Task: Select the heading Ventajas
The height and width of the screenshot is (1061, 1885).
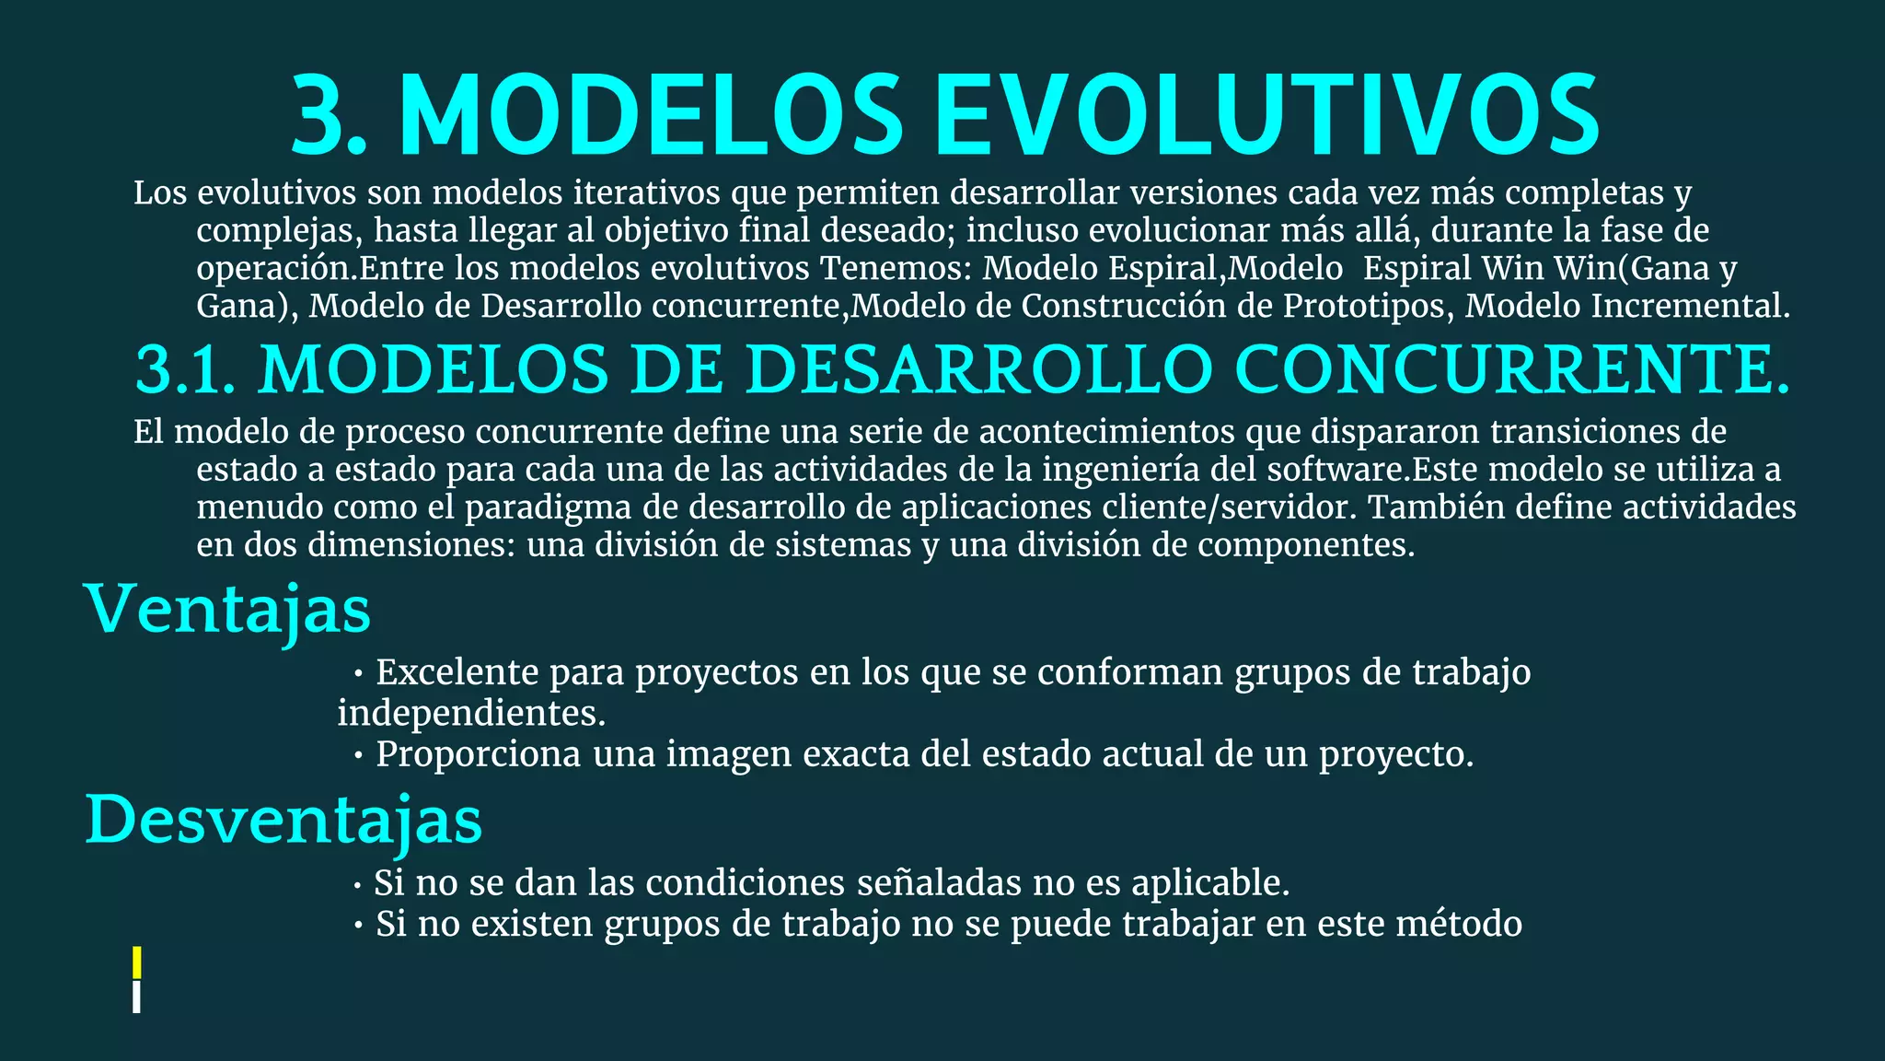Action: pos(228,610)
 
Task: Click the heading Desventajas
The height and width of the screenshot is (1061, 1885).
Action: pos(283,820)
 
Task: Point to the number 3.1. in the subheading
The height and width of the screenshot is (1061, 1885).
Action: pos(185,370)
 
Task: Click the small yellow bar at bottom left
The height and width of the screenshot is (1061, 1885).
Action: pos(137,962)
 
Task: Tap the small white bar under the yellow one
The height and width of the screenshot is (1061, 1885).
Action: pos(137,997)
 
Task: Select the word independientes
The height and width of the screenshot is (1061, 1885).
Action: pos(471,713)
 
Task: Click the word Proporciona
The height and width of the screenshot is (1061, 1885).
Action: pos(479,754)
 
